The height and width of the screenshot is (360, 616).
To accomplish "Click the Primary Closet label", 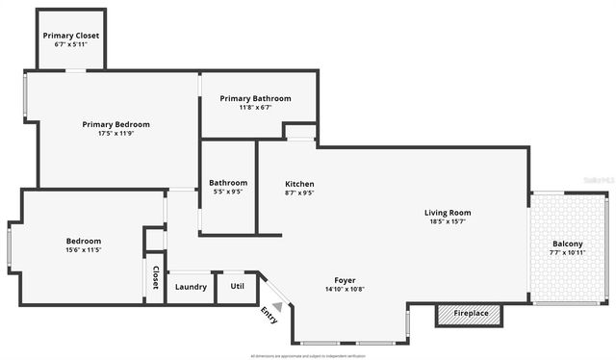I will (x=70, y=36).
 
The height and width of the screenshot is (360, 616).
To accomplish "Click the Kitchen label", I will (x=299, y=184).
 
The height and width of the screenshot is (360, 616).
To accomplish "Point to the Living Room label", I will (x=448, y=213).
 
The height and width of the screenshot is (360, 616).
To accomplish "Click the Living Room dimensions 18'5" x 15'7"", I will (x=448, y=221).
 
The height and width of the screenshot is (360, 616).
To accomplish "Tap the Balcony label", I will (x=568, y=244).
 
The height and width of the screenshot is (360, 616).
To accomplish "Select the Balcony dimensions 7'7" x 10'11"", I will (x=568, y=252).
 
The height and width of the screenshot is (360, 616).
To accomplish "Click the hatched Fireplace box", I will (x=471, y=314).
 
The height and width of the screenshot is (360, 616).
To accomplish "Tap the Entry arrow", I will (x=276, y=308).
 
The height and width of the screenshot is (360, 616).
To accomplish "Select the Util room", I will (x=236, y=286).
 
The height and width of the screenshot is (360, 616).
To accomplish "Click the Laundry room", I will (x=190, y=286).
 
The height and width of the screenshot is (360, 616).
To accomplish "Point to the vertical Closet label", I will (x=154, y=277).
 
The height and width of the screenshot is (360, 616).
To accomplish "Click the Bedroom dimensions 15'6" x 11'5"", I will (x=84, y=250).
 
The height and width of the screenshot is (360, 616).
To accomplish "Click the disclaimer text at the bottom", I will (x=307, y=356).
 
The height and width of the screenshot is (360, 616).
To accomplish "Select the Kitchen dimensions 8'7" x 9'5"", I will (x=299, y=193).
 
